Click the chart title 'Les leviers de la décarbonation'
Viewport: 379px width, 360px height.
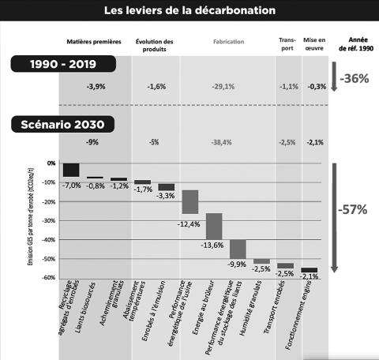[x=190, y=10]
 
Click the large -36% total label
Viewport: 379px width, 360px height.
[x=353, y=79]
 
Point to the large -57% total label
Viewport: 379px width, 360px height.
[x=353, y=209]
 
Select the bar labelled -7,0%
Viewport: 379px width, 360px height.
[x=71, y=169]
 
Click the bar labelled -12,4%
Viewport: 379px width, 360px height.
[x=189, y=202]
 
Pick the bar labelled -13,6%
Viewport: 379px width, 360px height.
[x=214, y=226]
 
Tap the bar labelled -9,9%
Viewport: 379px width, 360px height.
[x=238, y=249]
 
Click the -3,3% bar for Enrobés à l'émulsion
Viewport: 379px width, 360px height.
[x=166, y=187]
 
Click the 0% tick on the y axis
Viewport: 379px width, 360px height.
[x=51, y=163]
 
